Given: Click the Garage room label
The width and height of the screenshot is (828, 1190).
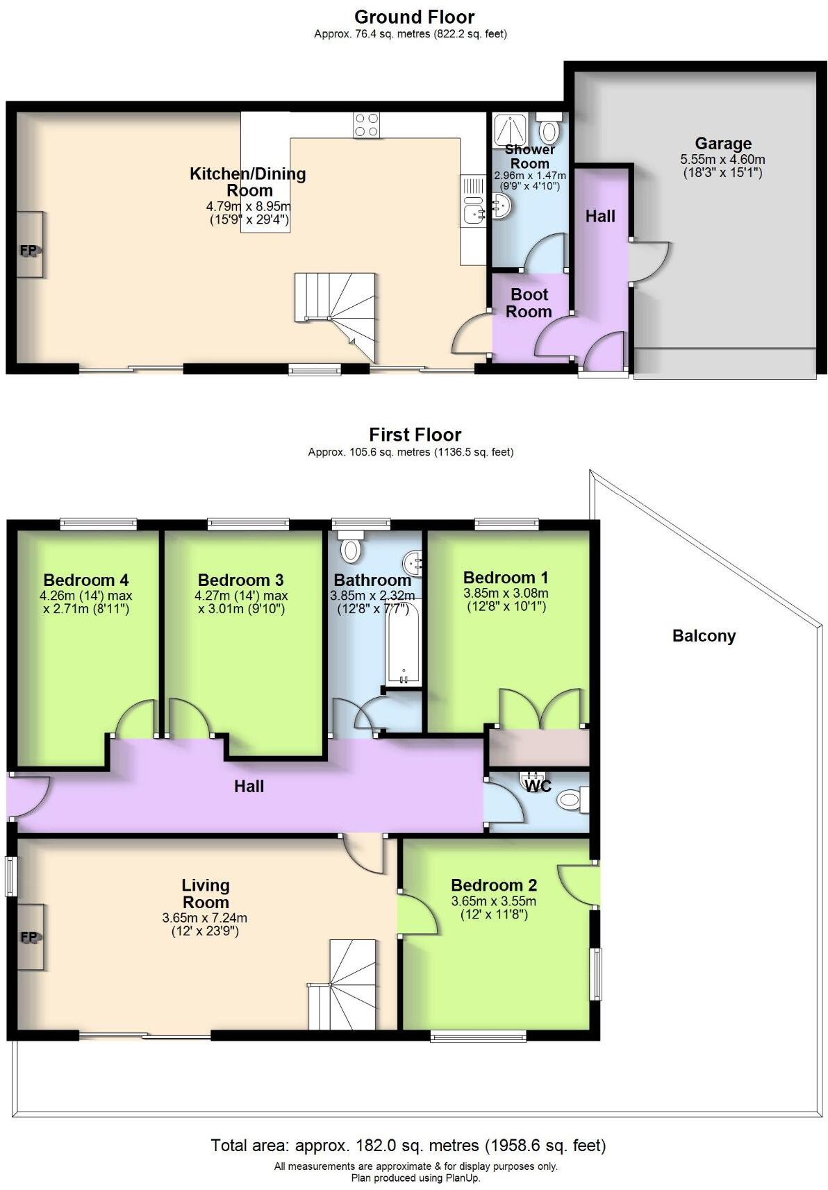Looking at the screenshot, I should coord(722,144).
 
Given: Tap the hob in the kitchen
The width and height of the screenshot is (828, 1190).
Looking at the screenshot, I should coord(366,125).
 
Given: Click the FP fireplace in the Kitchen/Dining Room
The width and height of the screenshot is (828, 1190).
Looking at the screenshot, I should coord(29,246).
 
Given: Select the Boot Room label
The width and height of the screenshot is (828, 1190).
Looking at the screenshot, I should coord(529,303).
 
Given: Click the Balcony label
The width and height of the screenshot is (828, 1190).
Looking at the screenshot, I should coord(704,636).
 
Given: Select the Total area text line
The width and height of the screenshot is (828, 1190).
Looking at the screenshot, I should coord(408,1146).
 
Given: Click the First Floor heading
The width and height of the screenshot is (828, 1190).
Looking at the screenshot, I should coord(415,435).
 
